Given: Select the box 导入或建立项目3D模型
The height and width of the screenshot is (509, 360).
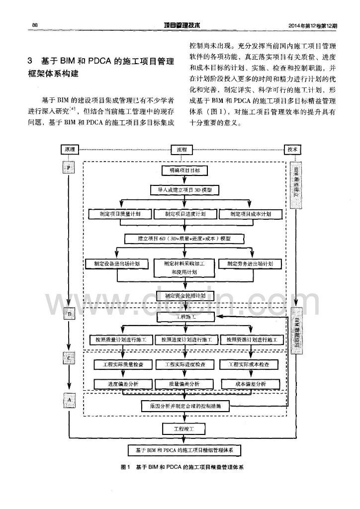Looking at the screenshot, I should pyautogui.click(x=184, y=189).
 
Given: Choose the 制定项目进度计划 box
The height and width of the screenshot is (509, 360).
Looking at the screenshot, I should pyautogui.click(x=185, y=214).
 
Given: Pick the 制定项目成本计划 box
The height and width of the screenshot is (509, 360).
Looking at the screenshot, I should pyautogui.click(x=251, y=214).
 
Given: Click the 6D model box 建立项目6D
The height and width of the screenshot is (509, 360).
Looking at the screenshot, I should pyautogui.click(x=184, y=239).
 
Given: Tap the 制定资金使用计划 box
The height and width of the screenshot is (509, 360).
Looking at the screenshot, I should pyautogui.click(x=184, y=295).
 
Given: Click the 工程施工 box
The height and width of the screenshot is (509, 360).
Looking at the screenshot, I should pyautogui.click(x=184, y=316).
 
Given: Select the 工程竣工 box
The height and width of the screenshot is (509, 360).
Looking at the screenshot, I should pyautogui.click(x=184, y=427).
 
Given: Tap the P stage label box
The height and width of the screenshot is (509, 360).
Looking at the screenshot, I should pyautogui.click(x=69, y=168).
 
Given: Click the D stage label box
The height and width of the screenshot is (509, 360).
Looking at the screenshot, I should pyautogui.click(x=69, y=314).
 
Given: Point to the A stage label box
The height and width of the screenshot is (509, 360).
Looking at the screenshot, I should pyautogui.click(x=69, y=399).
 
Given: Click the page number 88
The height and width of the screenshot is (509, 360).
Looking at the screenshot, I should pyautogui.click(x=35, y=25).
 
